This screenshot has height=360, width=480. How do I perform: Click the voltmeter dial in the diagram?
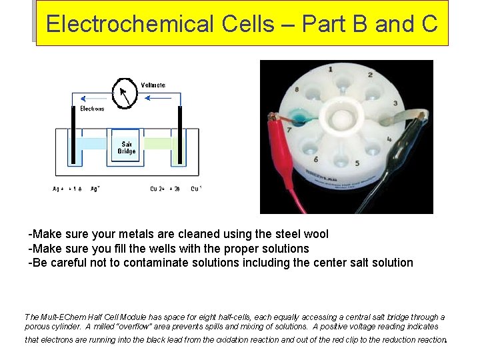pos(124,93)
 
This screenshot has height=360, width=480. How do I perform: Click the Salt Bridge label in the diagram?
pos(126,147)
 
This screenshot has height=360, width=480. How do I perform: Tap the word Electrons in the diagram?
pos(92,109)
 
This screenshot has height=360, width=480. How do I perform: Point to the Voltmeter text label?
pos(153,85)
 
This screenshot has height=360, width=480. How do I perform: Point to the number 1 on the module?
pos(331,69)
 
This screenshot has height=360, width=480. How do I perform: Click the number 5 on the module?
pos(357,163)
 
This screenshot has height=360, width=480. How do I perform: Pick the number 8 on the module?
pos(297,89)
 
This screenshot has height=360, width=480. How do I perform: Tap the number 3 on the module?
pos(395,103)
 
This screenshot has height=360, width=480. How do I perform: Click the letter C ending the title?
pos(429,24)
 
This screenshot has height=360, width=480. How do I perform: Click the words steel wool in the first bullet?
pos(303,234)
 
